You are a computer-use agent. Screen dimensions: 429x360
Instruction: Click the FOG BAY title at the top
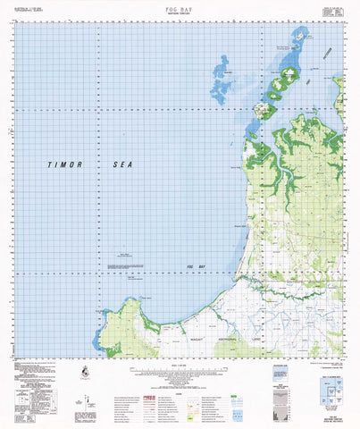pyautogui.click(x=180, y=4)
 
